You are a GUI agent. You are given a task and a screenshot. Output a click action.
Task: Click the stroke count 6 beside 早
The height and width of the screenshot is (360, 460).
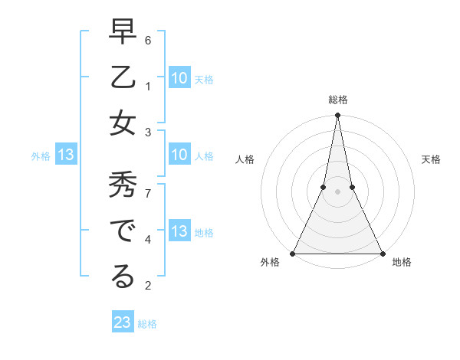(x=149, y=39)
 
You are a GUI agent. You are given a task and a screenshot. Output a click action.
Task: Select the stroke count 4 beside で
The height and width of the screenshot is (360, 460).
(x=149, y=240)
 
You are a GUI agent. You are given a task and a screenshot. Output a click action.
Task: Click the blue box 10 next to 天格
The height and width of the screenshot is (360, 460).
(x=179, y=78)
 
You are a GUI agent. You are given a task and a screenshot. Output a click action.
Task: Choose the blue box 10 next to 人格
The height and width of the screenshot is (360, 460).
(x=179, y=155)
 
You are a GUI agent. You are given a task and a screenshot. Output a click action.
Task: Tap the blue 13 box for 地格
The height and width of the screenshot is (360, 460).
(x=179, y=232)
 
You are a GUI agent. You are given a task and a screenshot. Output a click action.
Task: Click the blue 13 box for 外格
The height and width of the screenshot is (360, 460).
(x=66, y=155)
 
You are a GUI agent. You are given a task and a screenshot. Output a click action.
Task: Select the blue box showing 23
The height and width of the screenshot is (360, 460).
(x=123, y=322)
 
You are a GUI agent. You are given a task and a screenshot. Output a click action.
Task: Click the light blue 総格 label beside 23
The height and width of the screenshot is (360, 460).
(x=147, y=324)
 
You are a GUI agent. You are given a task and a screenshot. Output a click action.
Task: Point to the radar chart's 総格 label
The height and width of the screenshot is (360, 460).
(x=337, y=100)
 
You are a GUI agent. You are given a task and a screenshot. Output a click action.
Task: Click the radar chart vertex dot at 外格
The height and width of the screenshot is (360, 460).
(x=293, y=254)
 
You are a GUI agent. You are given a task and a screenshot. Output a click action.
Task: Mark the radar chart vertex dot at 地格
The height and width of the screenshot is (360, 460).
(x=382, y=254)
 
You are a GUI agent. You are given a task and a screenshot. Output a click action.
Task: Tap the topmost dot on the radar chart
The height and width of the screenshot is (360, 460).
(x=337, y=116)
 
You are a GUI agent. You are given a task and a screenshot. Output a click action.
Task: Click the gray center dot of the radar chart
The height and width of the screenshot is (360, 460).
(x=337, y=192)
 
